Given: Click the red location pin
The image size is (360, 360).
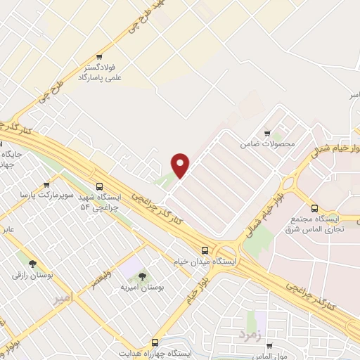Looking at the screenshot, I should click(181, 165).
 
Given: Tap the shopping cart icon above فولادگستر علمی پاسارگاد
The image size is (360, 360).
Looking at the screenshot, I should click(100, 58).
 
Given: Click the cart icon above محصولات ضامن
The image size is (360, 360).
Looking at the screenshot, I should click(266, 132).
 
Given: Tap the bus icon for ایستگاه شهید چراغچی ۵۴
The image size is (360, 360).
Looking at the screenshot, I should click(99, 187).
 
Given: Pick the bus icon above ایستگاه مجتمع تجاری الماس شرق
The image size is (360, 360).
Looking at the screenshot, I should click(314, 208).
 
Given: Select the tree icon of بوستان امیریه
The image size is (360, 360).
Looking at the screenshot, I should click(143, 276).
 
